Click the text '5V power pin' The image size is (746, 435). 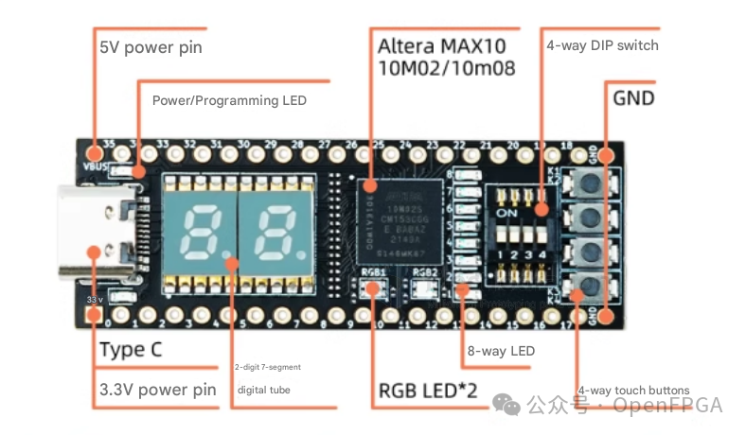pyautogui.click(x=151, y=47)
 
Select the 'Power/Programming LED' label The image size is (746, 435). pyautogui.click(x=229, y=99)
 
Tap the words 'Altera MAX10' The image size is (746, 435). pyautogui.click(x=441, y=45)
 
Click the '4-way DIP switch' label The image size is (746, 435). pyautogui.click(x=602, y=44)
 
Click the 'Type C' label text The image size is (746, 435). pyautogui.click(x=131, y=349)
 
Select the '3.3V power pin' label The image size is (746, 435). pyautogui.click(x=157, y=390)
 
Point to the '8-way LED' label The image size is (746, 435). pyautogui.click(x=501, y=351)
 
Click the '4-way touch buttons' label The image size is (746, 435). pyautogui.click(x=634, y=390)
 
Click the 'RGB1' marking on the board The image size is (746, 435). pyautogui.click(x=373, y=271)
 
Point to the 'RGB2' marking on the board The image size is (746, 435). pyautogui.click(x=426, y=271)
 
